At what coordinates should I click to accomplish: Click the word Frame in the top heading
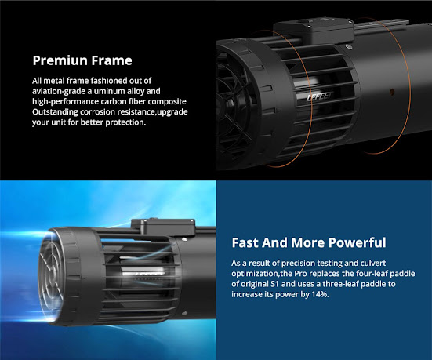tap(112, 60)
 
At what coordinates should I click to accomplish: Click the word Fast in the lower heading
tap(245, 242)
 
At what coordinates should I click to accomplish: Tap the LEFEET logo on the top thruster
tap(319, 96)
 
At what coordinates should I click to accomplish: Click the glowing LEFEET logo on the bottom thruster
tap(143, 274)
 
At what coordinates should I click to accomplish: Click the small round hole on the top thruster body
tap(392, 91)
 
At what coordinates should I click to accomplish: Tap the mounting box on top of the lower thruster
tap(163, 227)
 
